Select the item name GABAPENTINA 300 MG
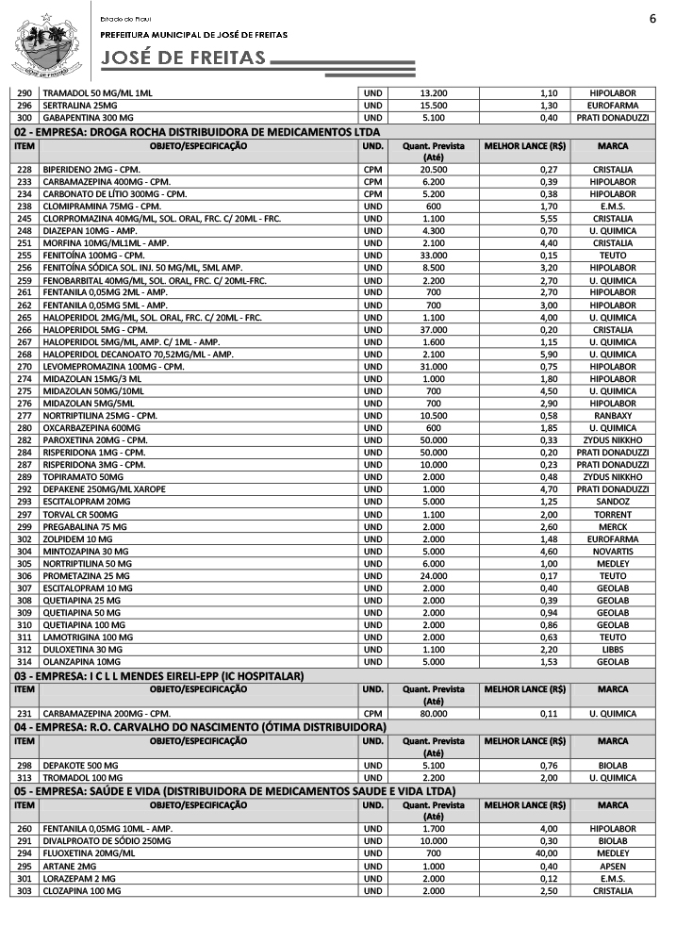(88, 118)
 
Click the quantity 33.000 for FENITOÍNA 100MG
(433, 255)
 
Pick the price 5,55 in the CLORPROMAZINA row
(549, 218)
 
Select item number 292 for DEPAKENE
(25, 489)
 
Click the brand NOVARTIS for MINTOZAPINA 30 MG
(613, 551)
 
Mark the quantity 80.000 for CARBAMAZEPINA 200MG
(433, 714)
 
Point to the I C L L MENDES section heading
(158, 676)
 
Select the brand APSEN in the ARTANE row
(613, 866)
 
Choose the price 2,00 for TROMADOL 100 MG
(549, 777)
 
